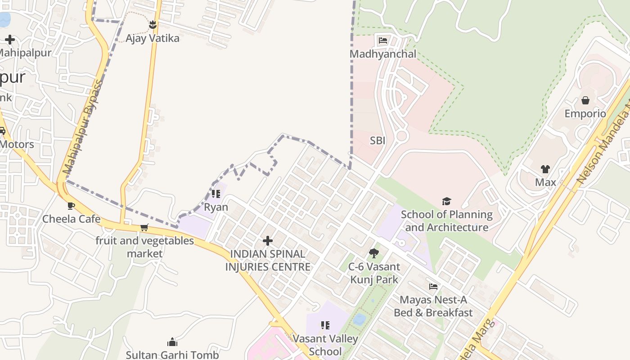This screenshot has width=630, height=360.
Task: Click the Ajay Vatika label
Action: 152,38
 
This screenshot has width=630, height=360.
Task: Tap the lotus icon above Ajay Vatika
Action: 153,24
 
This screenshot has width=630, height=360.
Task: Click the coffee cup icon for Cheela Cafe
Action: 71,206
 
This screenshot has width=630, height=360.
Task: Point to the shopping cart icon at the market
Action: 144,227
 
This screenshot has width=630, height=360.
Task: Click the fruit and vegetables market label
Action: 144,247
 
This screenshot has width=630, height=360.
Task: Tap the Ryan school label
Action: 216,207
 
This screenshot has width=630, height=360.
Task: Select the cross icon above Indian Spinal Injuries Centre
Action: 268,241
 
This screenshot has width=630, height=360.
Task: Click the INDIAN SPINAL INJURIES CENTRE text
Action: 268,260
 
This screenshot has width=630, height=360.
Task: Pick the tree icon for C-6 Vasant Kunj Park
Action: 373,253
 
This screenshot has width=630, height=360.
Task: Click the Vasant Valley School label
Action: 325,345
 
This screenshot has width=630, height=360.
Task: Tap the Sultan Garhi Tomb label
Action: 172,355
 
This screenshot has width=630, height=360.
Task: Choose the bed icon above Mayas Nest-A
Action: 433,286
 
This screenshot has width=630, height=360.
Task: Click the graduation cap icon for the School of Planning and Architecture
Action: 446,201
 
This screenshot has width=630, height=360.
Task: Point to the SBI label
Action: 378,140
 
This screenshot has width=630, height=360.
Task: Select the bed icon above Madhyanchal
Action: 383,40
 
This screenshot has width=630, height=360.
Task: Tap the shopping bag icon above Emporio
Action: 585,100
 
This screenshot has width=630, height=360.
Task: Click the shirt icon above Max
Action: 545,169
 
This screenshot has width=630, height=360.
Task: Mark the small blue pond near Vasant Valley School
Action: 359,319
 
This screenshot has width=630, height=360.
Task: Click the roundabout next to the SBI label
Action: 401,135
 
